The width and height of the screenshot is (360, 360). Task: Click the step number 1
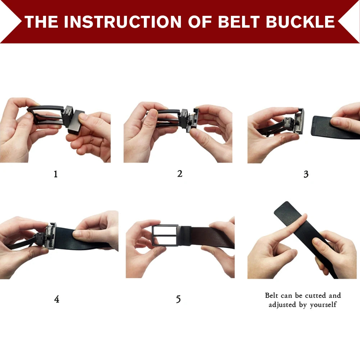coord(55,174)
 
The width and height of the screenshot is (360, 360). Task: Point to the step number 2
coord(180,174)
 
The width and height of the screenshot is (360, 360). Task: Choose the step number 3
coord(306,174)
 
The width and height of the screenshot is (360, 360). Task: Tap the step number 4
coord(56,299)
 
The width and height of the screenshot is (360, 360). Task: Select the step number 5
coord(178,299)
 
